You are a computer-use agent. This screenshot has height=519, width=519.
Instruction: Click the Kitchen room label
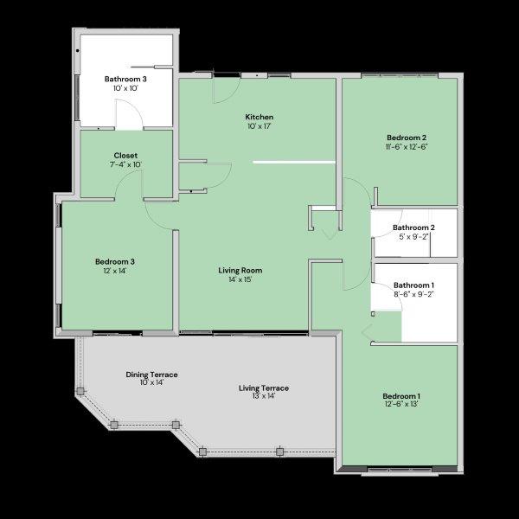point(259,117)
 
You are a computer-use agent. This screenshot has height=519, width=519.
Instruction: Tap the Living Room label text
point(240,271)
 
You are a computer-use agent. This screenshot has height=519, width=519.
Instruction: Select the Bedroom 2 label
point(407,138)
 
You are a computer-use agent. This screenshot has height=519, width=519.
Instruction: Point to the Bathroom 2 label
point(413,227)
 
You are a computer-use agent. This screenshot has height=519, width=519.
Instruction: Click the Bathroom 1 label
point(413,285)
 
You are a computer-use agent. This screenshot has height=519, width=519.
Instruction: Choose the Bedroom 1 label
point(401,395)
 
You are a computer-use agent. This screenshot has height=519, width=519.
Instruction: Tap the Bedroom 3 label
point(114,261)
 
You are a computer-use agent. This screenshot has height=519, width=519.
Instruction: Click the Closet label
point(125,156)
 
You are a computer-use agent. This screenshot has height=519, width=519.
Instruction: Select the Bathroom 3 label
point(125,79)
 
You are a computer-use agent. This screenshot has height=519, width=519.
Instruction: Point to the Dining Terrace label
point(151,375)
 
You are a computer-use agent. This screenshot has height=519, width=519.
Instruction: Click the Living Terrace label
point(264,388)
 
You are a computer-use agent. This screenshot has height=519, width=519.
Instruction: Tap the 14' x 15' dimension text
point(240,280)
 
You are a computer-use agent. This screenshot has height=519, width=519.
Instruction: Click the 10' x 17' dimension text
point(259,126)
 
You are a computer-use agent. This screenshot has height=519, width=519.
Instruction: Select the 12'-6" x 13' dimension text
point(401,404)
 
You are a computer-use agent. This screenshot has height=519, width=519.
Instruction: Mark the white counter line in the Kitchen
point(294,162)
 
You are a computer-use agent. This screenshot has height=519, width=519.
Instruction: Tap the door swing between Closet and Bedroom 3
point(130,183)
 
